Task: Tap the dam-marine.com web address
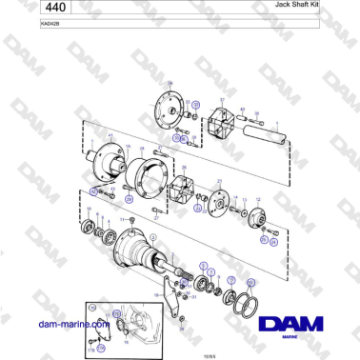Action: (69, 325)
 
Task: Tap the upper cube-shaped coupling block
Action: (225, 123)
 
